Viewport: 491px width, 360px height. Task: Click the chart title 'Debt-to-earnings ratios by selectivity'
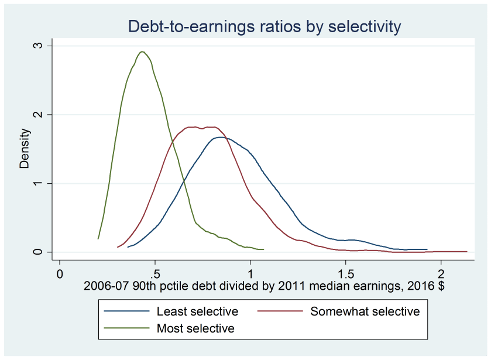265,26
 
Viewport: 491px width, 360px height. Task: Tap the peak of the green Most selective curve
142,52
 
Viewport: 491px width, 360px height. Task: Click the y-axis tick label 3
50,46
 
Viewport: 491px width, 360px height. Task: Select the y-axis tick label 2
50,115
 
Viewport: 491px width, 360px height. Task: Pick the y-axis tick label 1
50,183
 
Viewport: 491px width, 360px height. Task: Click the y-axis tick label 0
50,252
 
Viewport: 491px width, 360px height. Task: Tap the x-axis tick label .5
154,273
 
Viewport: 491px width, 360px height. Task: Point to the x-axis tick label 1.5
346,273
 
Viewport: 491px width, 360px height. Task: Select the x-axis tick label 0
59,273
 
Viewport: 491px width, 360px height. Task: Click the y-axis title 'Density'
25,149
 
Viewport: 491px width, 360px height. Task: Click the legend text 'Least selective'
197,311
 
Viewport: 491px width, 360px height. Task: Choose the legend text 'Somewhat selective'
365,311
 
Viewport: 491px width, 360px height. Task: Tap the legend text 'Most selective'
195,328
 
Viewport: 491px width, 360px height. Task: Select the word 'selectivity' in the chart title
363,26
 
